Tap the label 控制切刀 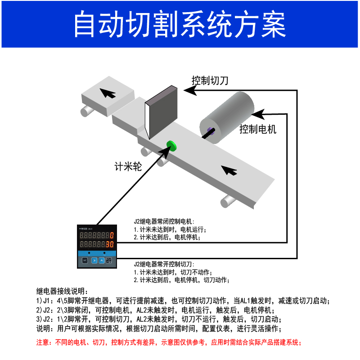click(x=210, y=81)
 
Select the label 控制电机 click(x=258, y=130)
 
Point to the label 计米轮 click(x=128, y=167)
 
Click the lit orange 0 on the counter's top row click(x=111, y=235)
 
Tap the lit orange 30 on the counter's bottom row click(x=109, y=244)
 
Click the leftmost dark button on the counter click(x=85, y=260)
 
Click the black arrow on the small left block click(x=108, y=93)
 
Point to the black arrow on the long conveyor click(x=229, y=170)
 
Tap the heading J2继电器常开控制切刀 click(x=164, y=265)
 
